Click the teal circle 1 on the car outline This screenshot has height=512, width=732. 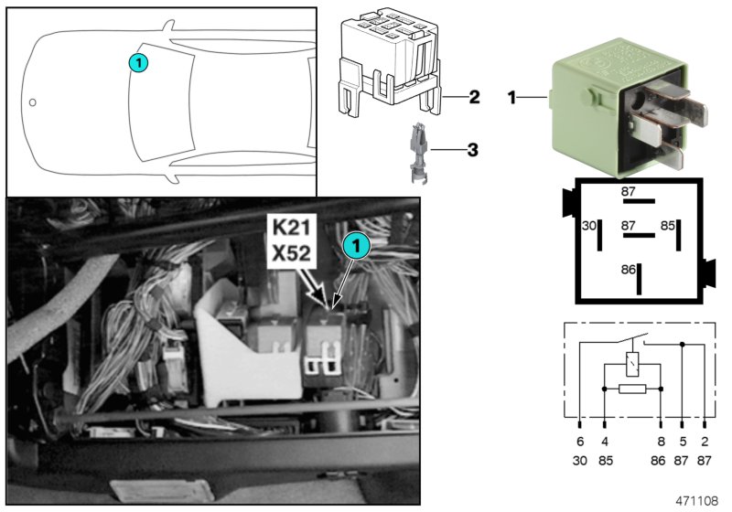(137, 62)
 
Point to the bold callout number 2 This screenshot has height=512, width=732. (474, 95)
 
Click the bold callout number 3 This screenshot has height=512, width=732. (472, 147)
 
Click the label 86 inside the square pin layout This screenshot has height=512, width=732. (628, 271)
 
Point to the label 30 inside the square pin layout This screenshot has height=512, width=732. (589, 224)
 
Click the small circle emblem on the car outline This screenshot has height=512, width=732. (33, 101)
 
